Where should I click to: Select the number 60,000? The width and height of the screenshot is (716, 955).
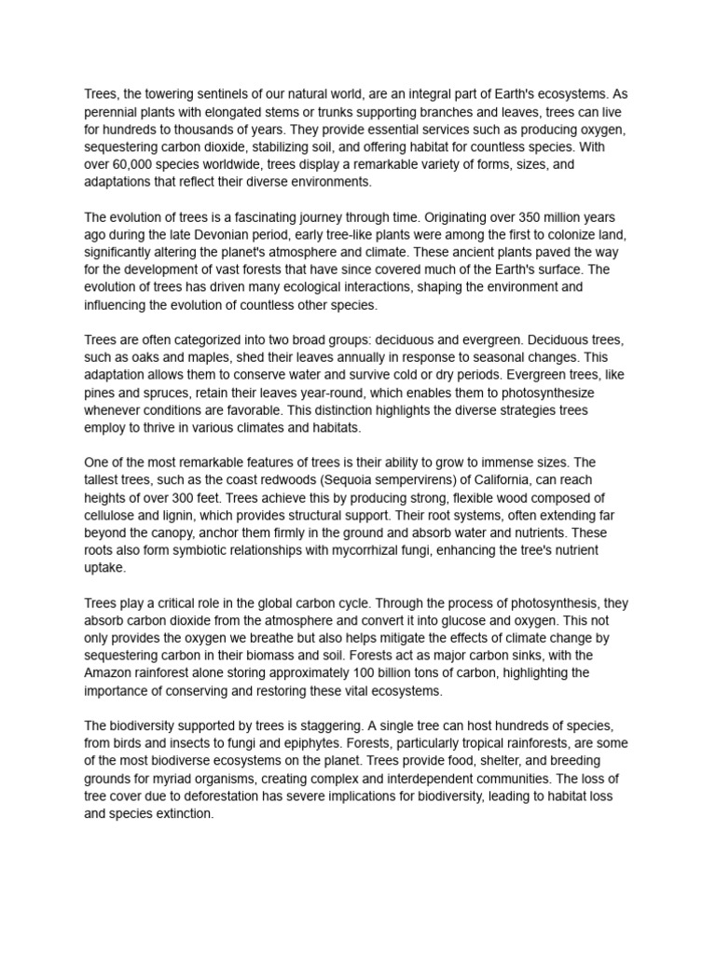click(x=132, y=165)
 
